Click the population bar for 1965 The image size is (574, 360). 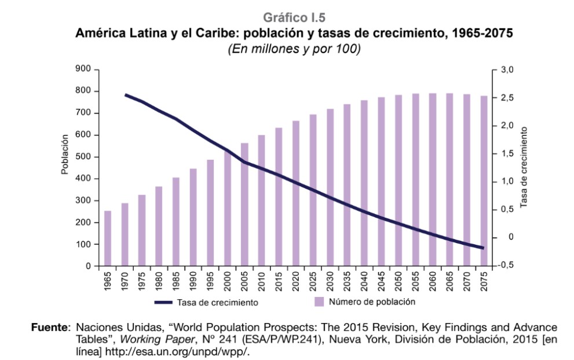coord(108,238)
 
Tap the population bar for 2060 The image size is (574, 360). coord(432,179)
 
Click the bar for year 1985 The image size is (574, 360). coord(176,222)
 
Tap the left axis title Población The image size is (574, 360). coord(65,154)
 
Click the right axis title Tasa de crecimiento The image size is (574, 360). coord(524,168)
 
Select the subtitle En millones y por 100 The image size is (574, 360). coord(294,49)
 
